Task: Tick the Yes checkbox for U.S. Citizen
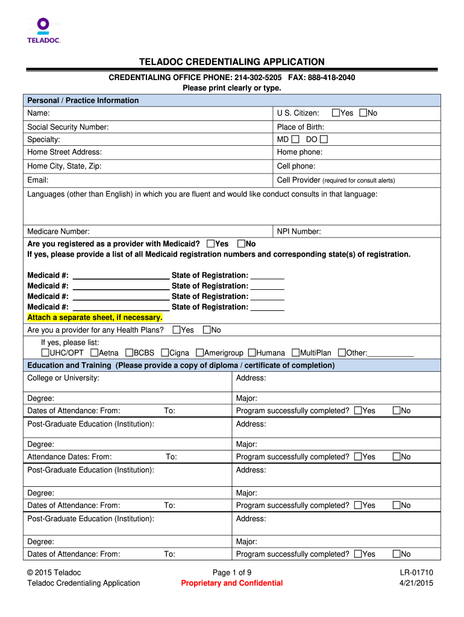click(x=336, y=113)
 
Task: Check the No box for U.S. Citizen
click(x=363, y=113)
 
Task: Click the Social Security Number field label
click(x=68, y=127)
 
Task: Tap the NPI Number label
click(x=299, y=231)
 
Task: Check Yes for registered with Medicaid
click(x=210, y=243)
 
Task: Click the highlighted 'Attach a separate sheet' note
click(x=95, y=318)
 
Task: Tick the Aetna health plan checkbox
click(x=95, y=352)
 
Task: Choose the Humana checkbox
click(x=252, y=352)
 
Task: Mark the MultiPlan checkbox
click(x=296, y=352)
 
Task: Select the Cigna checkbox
click(x=165, y=352)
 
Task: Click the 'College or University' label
click(x=63, y=378)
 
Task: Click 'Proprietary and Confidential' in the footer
click(x=232, y=583)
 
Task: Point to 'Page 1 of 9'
click(x=232, y=572)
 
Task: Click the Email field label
click(x=38, y=180)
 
